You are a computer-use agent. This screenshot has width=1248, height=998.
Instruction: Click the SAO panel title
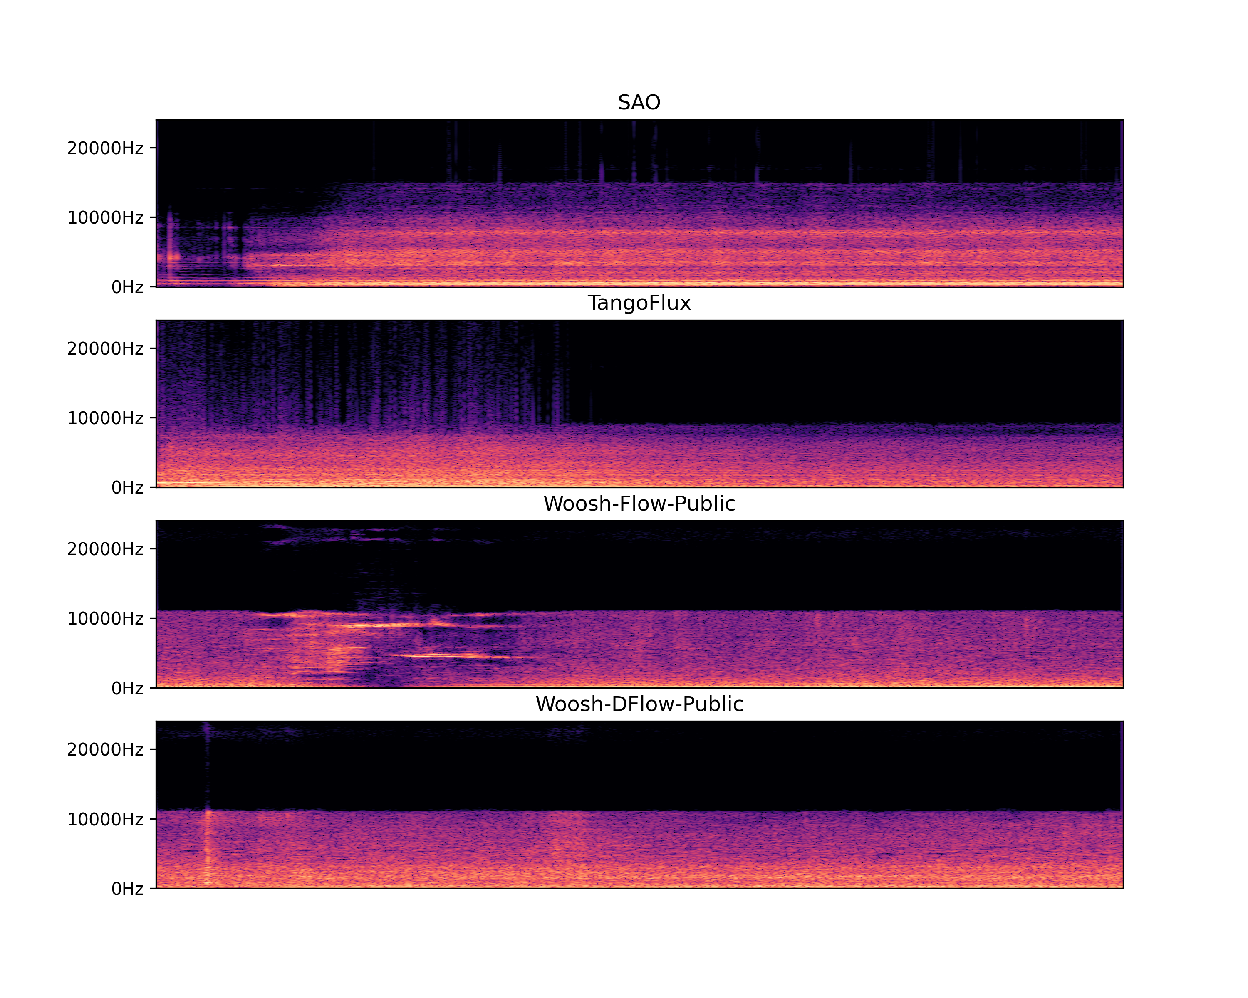(x=639, y=102)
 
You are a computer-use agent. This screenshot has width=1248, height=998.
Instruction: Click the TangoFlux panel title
(x=639, y=303)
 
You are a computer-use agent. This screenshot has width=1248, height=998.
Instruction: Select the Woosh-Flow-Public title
(x=639, y=503)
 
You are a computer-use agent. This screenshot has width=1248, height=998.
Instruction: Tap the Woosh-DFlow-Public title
(x=639, y=704)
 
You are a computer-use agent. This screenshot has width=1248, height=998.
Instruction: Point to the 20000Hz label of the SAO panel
(x=105, y=148)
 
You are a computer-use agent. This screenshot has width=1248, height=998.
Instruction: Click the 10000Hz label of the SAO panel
(x=105, y=217)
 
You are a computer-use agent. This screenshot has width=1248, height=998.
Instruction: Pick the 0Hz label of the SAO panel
(x=127, y=287)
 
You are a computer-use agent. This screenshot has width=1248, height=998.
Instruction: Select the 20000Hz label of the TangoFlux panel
(x=105, y=348)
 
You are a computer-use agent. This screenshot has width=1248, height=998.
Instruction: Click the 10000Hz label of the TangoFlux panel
(x=105, y=418)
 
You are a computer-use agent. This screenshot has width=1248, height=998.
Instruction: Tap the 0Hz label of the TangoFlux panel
(x=127, y=487)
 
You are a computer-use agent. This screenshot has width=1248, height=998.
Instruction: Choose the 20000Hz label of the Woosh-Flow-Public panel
(x=105, y=548)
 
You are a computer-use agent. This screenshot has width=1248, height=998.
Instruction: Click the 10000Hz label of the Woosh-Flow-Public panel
(x=105, y=618)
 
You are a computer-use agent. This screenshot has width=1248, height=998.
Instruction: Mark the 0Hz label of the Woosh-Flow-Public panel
(x=127, y=688)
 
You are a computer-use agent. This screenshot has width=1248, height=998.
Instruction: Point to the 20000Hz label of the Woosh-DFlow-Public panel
(x=105, y=749)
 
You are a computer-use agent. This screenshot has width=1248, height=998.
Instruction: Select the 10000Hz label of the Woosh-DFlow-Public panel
(x=105, y=819)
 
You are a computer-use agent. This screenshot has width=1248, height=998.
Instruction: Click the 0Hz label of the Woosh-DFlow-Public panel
(x=127, y=888)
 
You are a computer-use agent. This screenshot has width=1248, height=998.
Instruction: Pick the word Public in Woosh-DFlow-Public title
(x=713, y=704)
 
